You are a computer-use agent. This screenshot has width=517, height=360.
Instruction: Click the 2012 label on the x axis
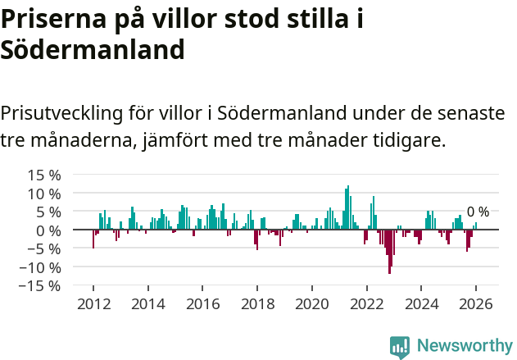click(93, 303)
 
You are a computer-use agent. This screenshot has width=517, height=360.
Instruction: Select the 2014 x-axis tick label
click(148, 303)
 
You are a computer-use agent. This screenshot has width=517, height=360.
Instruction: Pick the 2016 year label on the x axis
click(202, 303)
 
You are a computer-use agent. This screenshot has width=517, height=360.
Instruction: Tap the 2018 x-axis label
click(257, 303)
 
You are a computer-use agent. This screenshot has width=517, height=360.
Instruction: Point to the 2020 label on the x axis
click(311, 303)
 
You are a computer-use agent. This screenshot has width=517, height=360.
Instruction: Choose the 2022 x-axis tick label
click(366, 303)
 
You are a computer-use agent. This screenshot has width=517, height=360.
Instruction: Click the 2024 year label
click(421, 303)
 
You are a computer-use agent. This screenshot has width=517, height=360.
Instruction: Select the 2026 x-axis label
click(475, 303)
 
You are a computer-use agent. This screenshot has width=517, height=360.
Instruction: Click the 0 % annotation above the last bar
click(478, 212)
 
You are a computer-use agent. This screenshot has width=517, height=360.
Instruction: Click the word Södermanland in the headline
click(92, 49)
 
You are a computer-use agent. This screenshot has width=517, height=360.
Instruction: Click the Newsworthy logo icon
click(400, 346)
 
